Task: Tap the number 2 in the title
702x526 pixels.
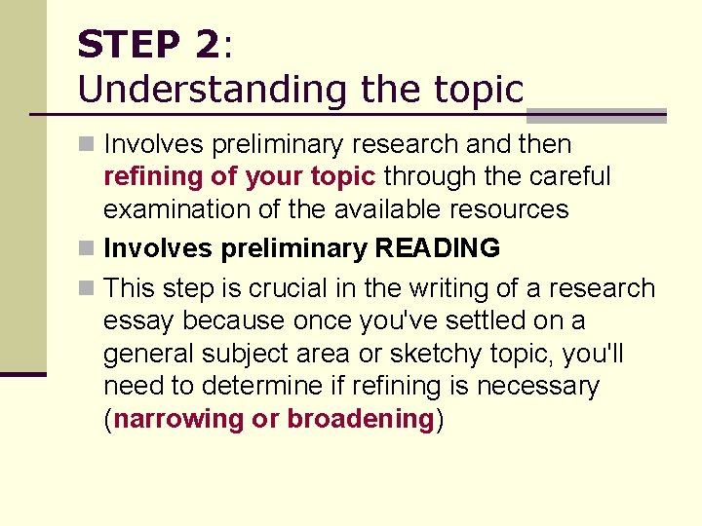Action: pyautogui.click(x=207, y=45)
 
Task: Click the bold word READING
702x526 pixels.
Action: pyautogui.click(x=438, y=248)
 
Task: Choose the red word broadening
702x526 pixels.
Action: pyautogui.click(x=361, y=419)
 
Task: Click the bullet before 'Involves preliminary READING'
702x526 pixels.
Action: pyautogui.click(x=87, y=249)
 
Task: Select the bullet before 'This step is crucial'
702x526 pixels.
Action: pyautogui.click(x=87, y=289)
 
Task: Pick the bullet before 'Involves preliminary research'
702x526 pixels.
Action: pyautogui.click(x=87, y=145)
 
